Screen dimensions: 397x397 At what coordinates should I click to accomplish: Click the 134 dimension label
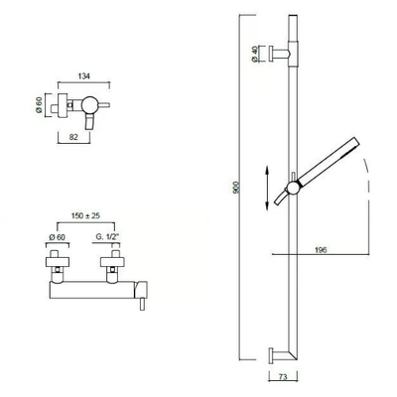pyautogui.click(x=84, y=76)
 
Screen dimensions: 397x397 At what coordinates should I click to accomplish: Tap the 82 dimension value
pyautogui.click(x=73, y=137)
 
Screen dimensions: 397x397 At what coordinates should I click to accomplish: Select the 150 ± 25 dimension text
pyautogui.click(x=85, y=216)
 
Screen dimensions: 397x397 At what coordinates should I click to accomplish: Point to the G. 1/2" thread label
pyautogui.click(x=107, y=237)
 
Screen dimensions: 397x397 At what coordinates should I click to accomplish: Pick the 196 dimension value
pyautogui.click(x=321, y=250)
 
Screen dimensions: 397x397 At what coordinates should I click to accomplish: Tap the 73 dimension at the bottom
pyautogui.click(x=283, y=377)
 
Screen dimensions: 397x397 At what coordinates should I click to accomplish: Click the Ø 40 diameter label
pyautogui.click(x=254, y=54)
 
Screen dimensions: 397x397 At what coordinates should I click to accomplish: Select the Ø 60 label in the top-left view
pyautogui.click(x=39, y=105)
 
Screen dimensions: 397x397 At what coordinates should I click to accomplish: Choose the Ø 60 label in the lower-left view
pyautogui.click(x=57, y=237)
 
